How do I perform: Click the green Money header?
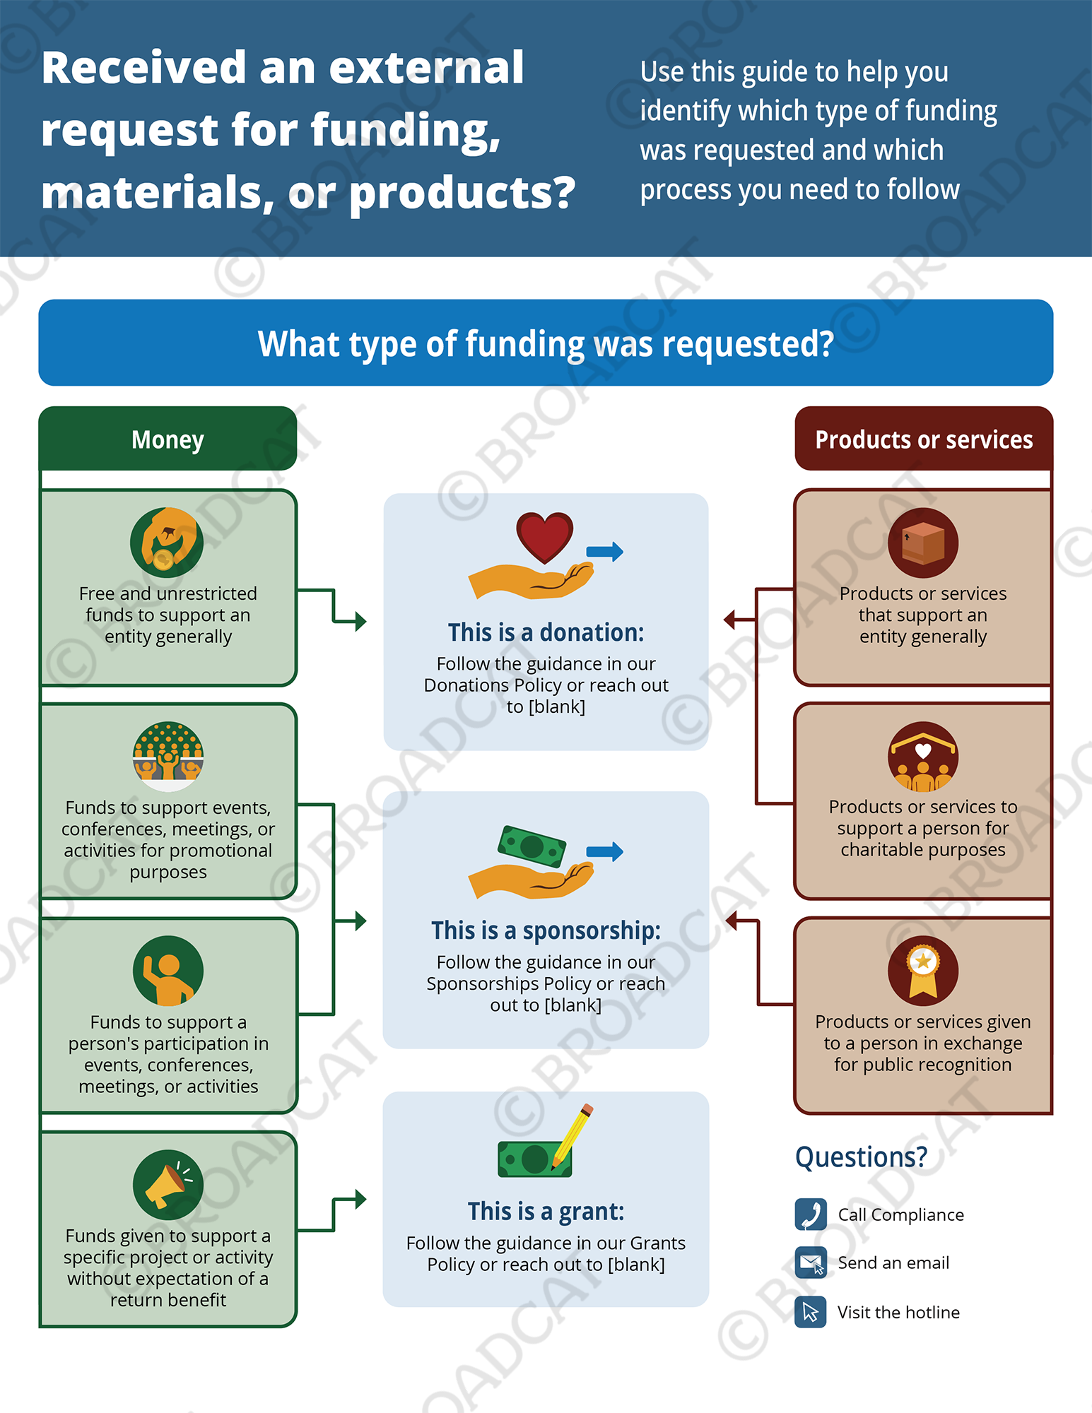[168, 439]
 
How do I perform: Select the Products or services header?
[924, 439]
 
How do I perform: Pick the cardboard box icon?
[923, 543]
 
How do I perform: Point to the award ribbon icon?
[923, 971]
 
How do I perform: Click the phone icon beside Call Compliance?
[811, 1214]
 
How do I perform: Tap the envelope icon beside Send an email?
[811, 1263]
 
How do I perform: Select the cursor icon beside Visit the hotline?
[811, 1312]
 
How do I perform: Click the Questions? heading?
[861, 1157]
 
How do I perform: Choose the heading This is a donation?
[546, 632]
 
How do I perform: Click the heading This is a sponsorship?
[546, 930]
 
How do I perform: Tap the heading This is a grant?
[546, 1211]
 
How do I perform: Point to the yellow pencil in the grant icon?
[573, 1136]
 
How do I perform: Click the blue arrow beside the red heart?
[605, 551]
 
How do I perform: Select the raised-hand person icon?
[168, 971]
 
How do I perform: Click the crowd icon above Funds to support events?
[168, 757]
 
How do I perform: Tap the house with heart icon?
[923, 757]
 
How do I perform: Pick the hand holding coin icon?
[167, 543]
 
